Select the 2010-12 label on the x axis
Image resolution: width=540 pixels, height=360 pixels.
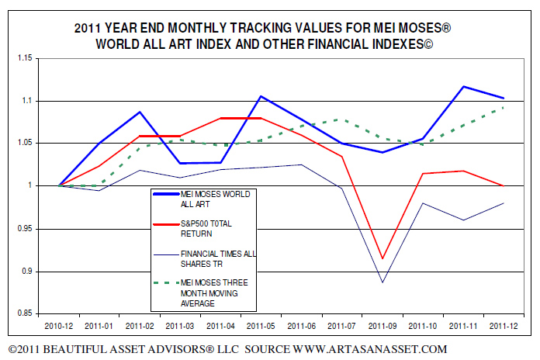pyautogui.click(x=59, y=327)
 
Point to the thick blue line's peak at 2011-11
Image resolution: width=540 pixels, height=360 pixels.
pyautogui.click(x=463, y=86)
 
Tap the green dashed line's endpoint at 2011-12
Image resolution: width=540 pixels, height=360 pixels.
pyautogui.click(x=504, y=107)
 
